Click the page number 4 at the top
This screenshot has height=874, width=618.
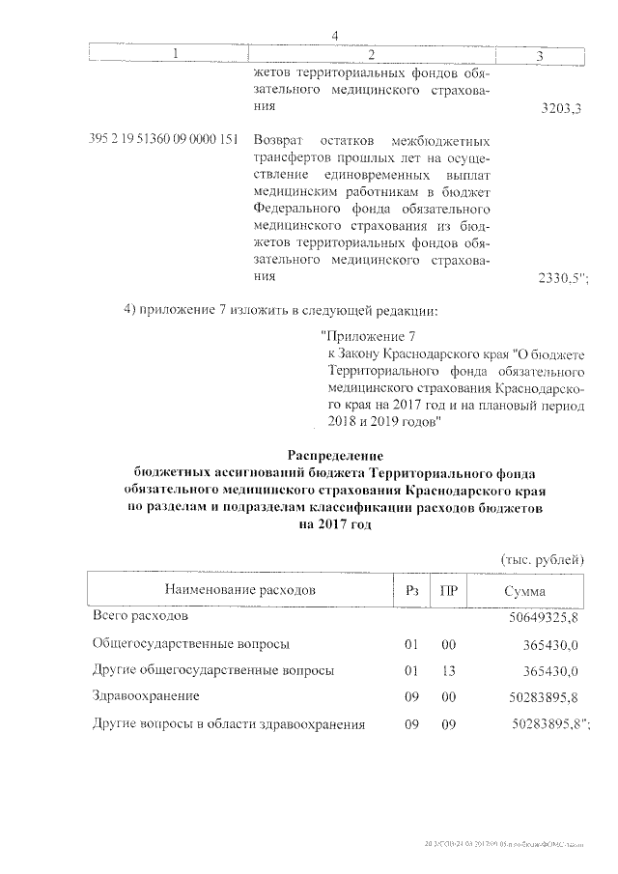(x=334, y=37)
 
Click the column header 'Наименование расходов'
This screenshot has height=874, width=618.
(x=239, y=590)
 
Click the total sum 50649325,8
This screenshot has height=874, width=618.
(x=543, y=616)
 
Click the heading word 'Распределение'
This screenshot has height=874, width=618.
(x=336, y=455)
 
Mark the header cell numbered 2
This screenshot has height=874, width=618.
(x=371, y=54)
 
